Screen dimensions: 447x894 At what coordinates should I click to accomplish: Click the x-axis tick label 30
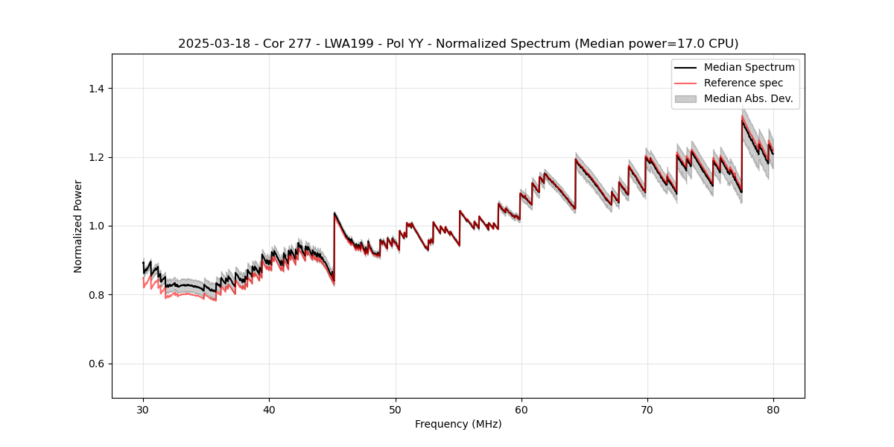coord(143,409)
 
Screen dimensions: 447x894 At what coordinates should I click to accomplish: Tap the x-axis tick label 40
coord(269,409)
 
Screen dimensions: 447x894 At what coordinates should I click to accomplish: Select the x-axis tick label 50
coord(395,409)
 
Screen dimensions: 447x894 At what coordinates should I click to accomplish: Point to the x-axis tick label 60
coord(521,409)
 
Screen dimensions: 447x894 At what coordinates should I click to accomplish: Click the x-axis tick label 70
coord(647,409)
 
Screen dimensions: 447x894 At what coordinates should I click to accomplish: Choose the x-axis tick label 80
coord(773,409)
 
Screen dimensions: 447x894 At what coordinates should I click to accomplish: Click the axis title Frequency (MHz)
coord(458,424)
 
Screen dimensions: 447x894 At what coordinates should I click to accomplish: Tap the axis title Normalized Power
coord(78,226)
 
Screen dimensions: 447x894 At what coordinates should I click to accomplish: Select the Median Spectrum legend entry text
coord(749,67)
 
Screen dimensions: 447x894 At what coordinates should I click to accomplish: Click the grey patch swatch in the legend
coord(685,98)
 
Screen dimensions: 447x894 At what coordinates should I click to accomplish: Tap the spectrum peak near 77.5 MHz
coord(743,120)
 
